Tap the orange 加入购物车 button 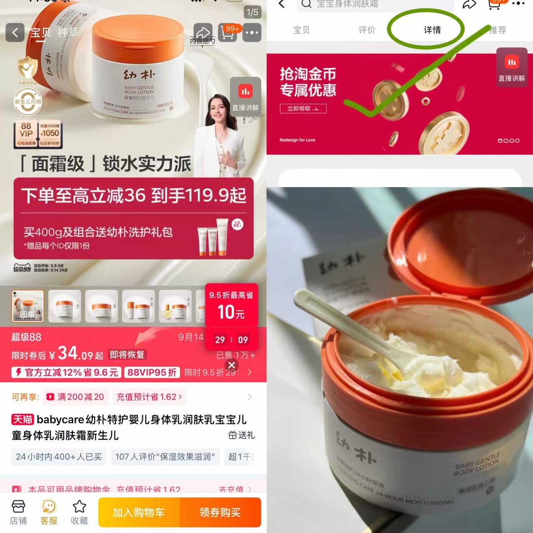[139, 512]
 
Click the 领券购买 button [220, 512]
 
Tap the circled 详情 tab [432, 30]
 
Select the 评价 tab [367, 30]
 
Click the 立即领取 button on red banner [303, 109]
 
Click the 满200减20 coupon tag [75, 397]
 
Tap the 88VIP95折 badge [152, 372]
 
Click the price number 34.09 [75, 354]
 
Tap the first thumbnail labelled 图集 [27, 306]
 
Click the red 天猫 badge [22, 419]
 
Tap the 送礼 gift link [242, 435]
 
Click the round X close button [232, 365]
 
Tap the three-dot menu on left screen [252, 32]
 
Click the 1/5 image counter [252, 12]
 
